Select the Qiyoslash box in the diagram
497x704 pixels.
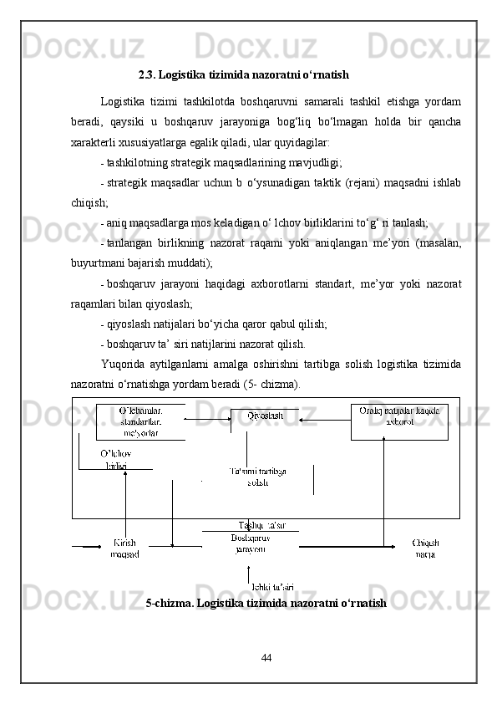click(x=265, y=416)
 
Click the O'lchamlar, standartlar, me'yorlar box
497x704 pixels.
click(x=140, y=421)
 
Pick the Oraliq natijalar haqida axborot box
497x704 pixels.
click(x=398, y=416)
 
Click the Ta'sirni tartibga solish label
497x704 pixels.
click(x=257, y=477)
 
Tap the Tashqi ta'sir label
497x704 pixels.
click(x=262, y=525)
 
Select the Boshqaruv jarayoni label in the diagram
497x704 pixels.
click(x=250, y=543)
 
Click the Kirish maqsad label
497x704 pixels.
click(x=124, y=548)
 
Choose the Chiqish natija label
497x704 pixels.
click(x=425, y=548)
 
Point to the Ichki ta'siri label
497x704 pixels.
click(x=272, y=587)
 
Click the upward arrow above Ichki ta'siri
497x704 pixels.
click(x=248, y=573)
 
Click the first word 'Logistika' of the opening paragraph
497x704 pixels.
click(x=121, y=102)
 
